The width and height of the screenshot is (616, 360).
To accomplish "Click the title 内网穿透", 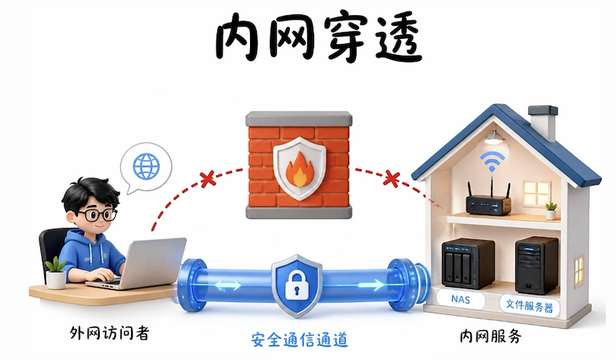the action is point(319,38).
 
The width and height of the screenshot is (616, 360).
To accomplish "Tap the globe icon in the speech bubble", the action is point(146,166).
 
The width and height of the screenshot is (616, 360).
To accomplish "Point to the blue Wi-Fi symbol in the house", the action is point(492,161).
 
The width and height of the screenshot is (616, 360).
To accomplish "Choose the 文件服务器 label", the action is point(529,305).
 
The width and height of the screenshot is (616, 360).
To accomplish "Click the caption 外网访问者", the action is point(110,333).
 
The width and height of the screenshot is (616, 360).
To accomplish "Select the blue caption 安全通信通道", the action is point(300,339).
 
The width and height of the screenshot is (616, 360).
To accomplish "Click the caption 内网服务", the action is point(491,336).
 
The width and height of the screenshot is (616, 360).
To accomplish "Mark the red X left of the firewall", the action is point(208,178).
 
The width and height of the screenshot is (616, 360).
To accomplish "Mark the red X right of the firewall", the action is point(391,178).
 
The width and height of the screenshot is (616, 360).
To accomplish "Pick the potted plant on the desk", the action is point(56,272).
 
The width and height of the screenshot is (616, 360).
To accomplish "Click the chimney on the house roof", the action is point(543,123).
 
